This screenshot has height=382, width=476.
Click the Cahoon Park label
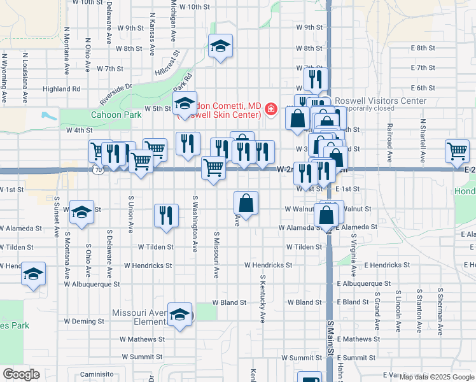[x=116, y=115]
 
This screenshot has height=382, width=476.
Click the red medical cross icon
[x=271, y=110]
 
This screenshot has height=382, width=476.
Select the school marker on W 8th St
[x=220, y=46]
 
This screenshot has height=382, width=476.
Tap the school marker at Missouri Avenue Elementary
[x=180, y=315]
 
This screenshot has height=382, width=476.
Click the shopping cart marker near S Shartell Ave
[x=457, y=152]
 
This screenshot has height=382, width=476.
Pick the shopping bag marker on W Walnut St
[x=246, y=204]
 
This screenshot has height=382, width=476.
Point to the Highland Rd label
[x=62, y=89]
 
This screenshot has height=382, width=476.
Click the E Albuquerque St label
[x=364, y=283]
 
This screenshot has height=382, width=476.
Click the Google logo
[x=21, y=374]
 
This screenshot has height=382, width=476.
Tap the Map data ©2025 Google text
[x=436, y=377]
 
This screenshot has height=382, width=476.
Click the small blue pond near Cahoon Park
[x=48, y=116]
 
